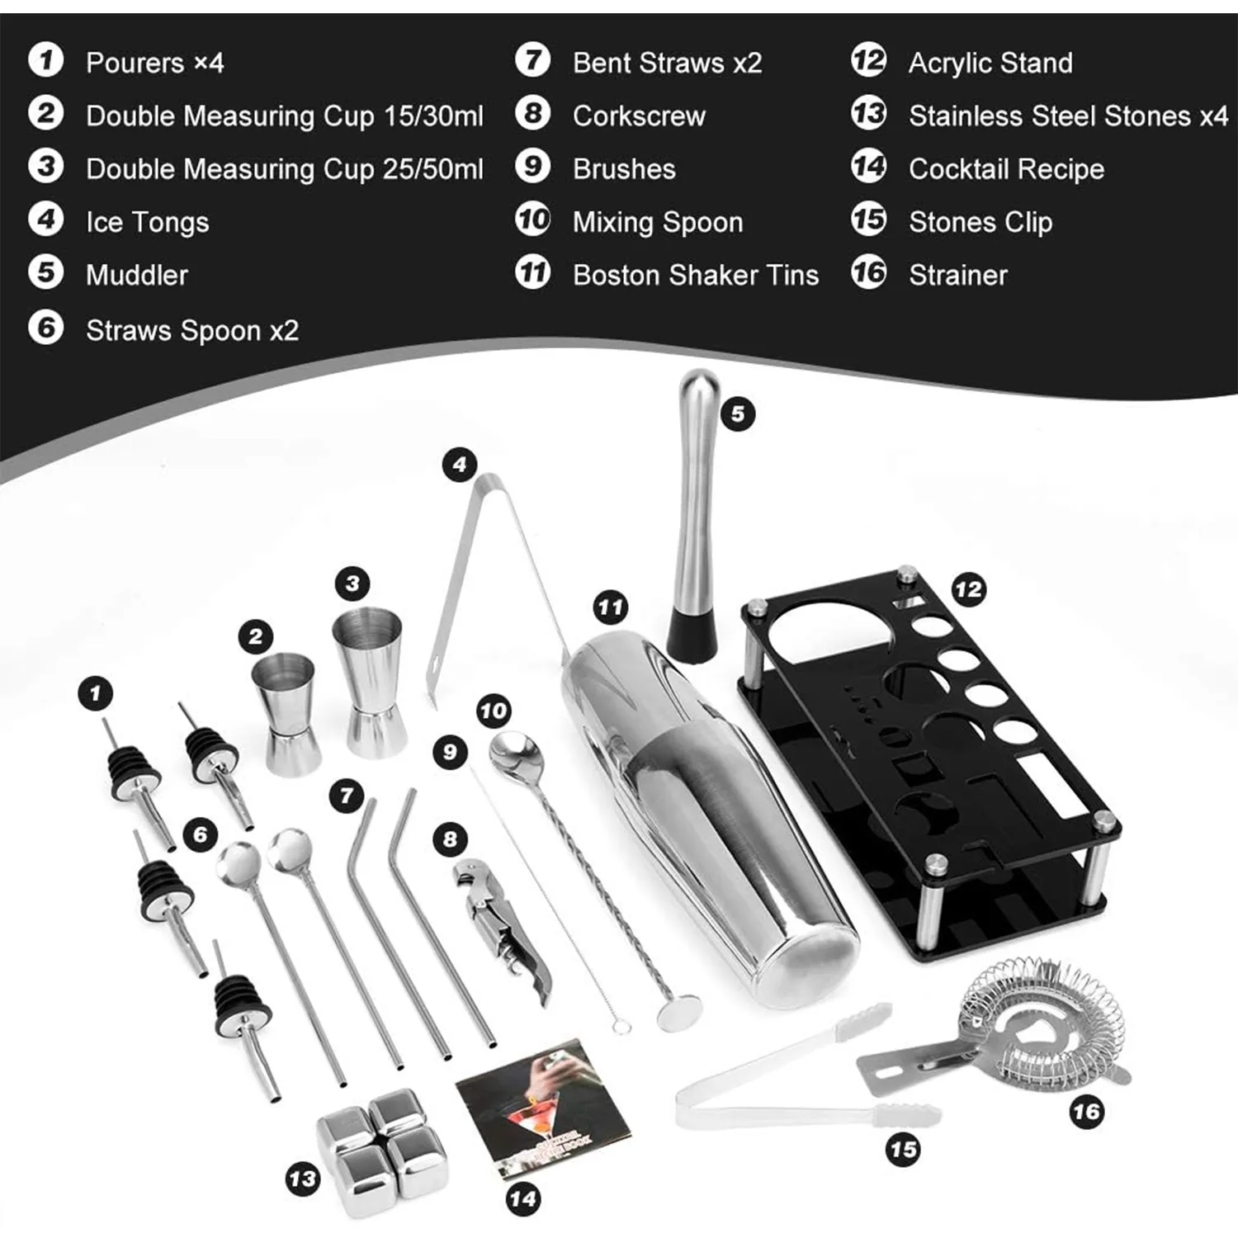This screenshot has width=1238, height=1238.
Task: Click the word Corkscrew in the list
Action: (x=639, y=116)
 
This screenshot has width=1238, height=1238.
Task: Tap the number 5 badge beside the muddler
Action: (x=738, y=413)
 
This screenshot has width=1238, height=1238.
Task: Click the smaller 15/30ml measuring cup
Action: (x=286, y=714)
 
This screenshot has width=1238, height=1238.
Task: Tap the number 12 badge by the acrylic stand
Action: (x=968, y=589)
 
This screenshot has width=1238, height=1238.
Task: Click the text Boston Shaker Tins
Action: (x=695, y=275)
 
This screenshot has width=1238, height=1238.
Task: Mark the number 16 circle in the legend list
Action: (x=868, y=273)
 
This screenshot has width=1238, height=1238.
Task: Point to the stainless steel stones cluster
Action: (x=381, y=1147)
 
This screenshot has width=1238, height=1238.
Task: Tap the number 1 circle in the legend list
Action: (x=46, y=61)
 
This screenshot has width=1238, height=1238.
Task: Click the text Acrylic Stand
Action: (x=990, y=63)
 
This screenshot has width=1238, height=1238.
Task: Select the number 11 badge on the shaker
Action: (x=610, y=608)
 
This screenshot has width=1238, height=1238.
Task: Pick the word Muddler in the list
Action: (x=136, y=275)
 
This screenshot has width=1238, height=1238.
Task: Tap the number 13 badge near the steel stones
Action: (x=303, y=1178)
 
